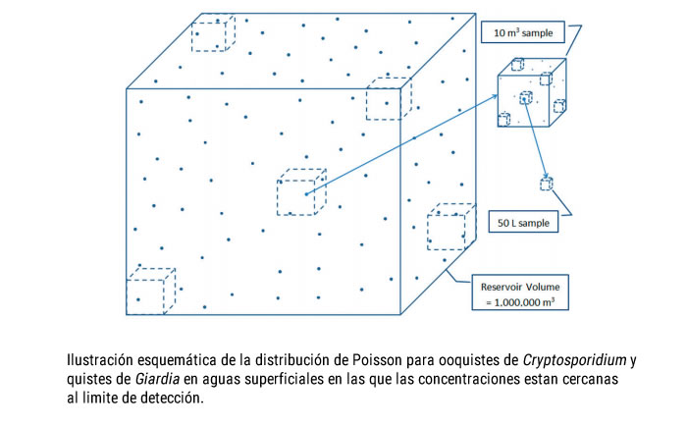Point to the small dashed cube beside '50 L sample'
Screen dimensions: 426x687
point(546,183)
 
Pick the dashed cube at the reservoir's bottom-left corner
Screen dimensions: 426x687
point(150,291)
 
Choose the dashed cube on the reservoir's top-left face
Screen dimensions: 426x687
point(212,33)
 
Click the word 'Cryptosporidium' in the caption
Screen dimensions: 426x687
point(568,359)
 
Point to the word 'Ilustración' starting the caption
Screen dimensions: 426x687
point(102,359)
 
